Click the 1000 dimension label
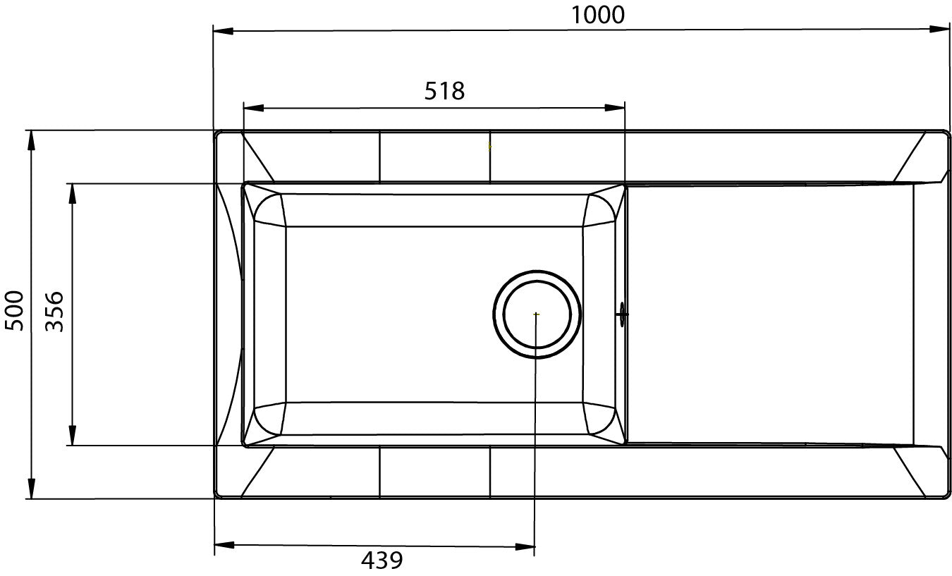[598, 14]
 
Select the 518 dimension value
[444, 91]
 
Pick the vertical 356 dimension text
[54, 312]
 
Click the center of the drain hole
[537, 314]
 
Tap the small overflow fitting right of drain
[621, 313]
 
